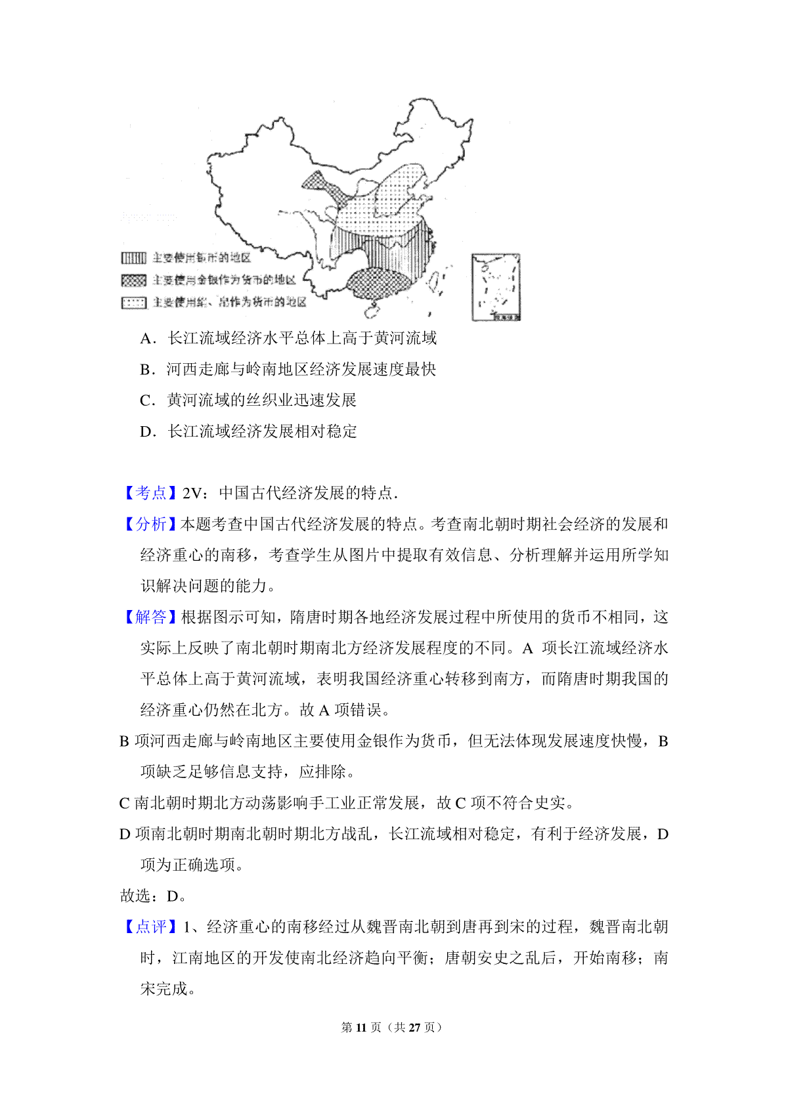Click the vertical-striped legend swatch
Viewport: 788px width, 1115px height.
pos(133,258)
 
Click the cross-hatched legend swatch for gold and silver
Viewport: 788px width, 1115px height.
pos(133,280)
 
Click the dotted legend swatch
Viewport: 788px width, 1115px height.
pos(133,303)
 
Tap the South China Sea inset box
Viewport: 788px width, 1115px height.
pos(496,287)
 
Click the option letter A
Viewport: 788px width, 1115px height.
pos(146,339)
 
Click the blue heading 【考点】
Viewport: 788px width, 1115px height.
pos(150,493)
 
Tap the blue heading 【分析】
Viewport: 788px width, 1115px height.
pos(150,524)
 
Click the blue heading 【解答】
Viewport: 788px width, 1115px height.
pos(150,617)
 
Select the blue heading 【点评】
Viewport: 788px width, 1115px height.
pos(150,927)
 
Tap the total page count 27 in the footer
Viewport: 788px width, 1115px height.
pos(414,1028)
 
